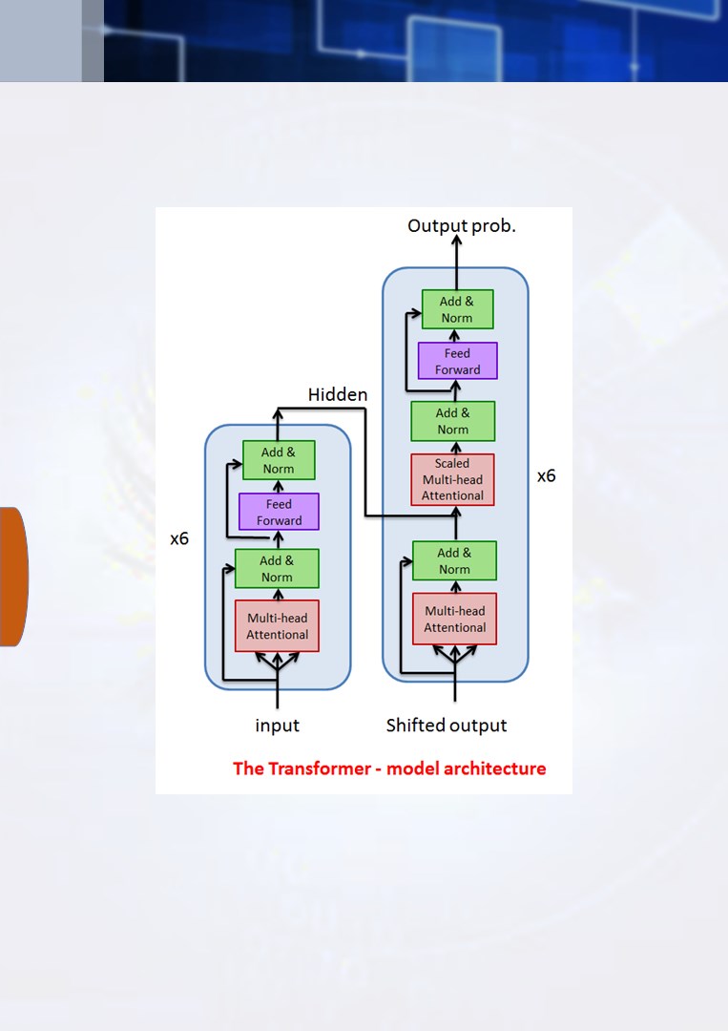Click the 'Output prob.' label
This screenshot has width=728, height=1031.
(x=461, y=226)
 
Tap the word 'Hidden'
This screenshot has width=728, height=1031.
(x=338, y=394)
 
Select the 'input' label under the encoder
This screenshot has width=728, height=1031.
(x=278, y=726)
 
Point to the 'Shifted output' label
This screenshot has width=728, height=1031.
(x=447, y=726)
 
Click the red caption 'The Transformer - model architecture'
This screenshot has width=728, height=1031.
(x=389, y=768)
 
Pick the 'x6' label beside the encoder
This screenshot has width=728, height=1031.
(x=179, y=538)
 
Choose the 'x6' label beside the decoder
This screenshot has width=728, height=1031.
(x=546, y=475)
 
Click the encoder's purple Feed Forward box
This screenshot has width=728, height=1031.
(x=279, y=512)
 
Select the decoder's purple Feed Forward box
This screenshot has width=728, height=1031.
(x=457, y=361)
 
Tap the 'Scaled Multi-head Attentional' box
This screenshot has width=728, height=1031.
(x=452, y=479)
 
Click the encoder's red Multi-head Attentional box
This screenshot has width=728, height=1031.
(x=278, y=626)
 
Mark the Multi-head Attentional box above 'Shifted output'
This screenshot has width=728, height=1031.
(x=455, y=619)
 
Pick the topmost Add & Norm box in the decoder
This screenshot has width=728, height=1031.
(x=457, y=309)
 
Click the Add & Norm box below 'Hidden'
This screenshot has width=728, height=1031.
(x=279, y=460)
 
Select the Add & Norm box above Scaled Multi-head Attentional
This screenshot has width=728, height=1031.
(x=452, y=421)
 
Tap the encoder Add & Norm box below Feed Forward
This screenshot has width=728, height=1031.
(x=277, y=569)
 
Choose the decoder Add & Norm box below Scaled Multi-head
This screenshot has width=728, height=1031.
(x=455, y=561)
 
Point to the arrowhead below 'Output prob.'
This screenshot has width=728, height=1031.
(x=457, y=241)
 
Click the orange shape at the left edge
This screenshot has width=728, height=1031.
(x=13, y=577)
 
